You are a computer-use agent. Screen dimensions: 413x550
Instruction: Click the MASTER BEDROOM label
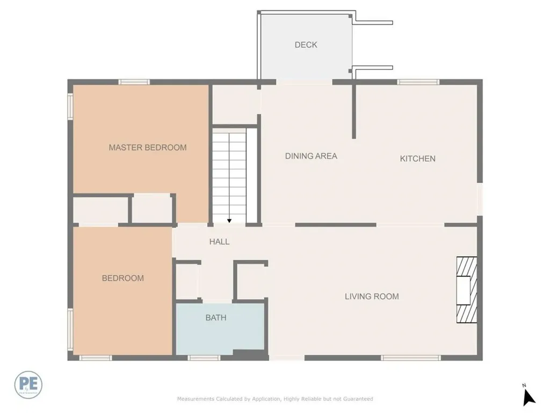click(148, 147)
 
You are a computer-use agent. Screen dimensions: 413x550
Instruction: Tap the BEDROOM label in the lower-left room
click(123, 278)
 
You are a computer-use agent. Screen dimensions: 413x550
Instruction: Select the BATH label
click(216, 318)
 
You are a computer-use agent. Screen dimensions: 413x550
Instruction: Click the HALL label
click(219, 241)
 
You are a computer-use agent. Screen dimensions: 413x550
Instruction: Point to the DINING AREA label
click(311, 156)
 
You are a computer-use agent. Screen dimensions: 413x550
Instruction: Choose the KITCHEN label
click(417, 159)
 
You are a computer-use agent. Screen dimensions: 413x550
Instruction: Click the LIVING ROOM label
click(372, 296)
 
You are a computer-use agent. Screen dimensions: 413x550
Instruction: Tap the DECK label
click(306, 45)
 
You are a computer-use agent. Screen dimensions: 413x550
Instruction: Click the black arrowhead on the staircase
click(229, 220)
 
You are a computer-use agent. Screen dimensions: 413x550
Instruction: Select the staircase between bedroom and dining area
click(229, 172)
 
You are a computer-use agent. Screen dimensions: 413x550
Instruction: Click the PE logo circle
click(28, 385)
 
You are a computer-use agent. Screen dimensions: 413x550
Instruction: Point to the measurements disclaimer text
click(275, 399)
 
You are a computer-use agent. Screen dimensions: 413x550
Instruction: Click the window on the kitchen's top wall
click(418, 82)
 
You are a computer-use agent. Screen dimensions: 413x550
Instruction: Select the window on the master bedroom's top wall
click(134, 82)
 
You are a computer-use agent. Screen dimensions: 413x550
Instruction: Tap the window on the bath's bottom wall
click(204, 358)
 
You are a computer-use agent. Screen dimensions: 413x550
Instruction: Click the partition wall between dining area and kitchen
click(354, 110)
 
